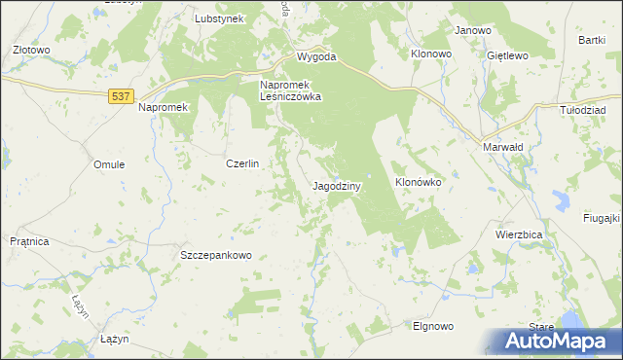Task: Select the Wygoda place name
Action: (x=316, y=56)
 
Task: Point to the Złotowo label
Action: (x=30, y=49)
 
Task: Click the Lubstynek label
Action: (x=218, y=18)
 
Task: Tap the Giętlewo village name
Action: (x=507, y=55)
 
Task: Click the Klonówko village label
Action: (x=418, y=182)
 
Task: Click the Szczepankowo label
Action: (x=216, y=255)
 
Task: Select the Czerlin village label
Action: (x=242, y=164)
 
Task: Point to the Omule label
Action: (x=109, y=164)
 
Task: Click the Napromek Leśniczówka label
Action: (x=290, y=90)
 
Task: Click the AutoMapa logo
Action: (x=560, y=342)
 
